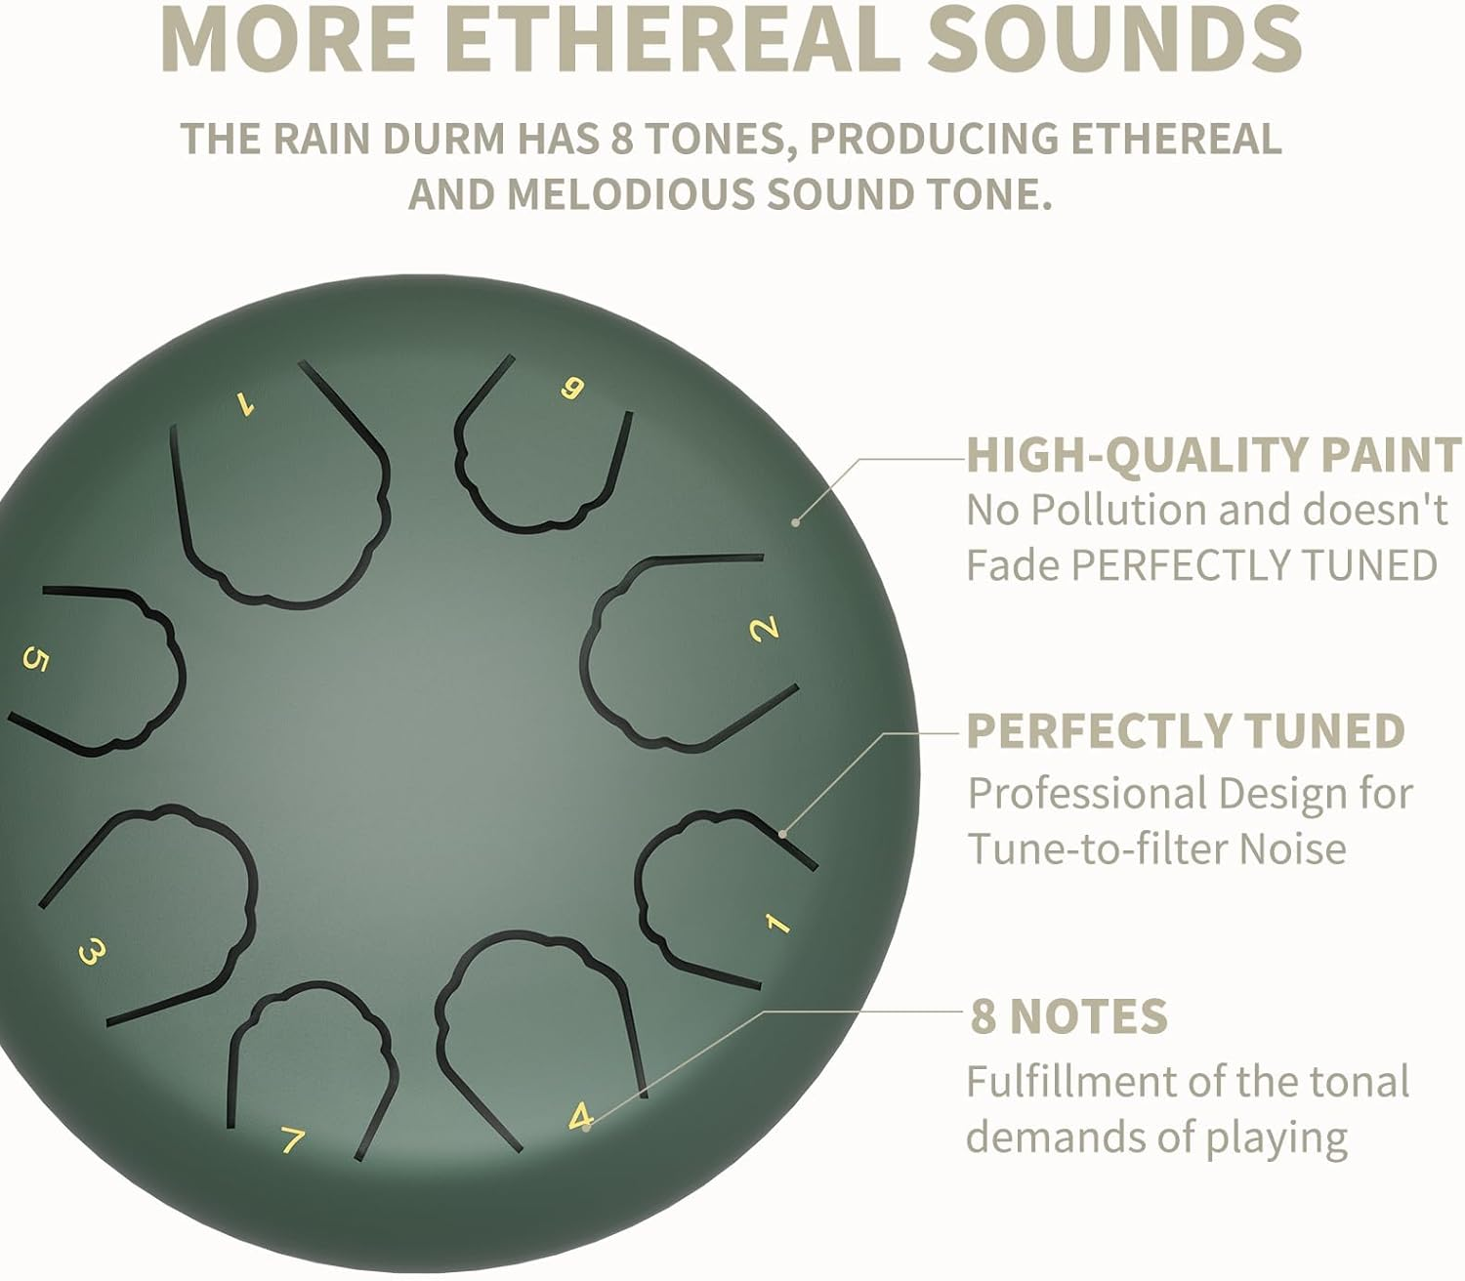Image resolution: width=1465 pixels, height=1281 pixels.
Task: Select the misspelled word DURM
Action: click(x=443, y=139)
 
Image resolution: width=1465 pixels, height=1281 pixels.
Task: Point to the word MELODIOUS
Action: click(x=631, y=194)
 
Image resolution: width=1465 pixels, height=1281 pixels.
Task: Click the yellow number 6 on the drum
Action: click(x=572, y=389)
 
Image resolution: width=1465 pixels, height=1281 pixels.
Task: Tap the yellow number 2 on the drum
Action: click(x=764, y=628)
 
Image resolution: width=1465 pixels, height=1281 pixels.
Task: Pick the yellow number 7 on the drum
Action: click(x=292, y=1139)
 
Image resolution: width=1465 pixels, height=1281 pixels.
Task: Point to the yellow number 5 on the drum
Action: click(x=35, y=661)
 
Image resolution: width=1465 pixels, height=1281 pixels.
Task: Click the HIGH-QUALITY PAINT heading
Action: click(x=1214, y=456)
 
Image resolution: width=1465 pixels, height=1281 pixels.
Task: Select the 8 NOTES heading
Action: click(x=1068, y=1016)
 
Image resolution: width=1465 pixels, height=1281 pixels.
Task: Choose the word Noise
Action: click(x=1292, y=848)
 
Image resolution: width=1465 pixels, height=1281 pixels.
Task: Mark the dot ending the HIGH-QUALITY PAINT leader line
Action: click(x=796, y=522)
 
